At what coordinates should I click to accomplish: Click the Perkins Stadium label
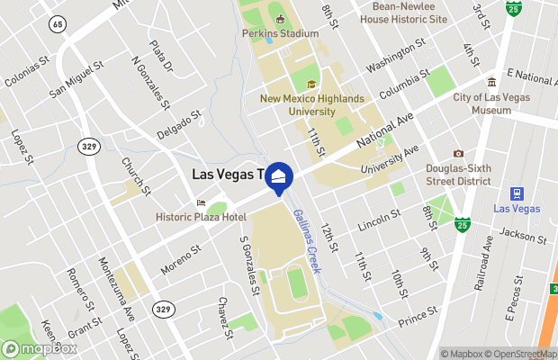click(x=280, y=34)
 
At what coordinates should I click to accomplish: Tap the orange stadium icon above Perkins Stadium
click(x=280, y=19)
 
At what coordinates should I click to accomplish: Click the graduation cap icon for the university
click(x=311, y=85)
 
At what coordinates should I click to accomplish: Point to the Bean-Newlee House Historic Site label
click(x=402, y=12)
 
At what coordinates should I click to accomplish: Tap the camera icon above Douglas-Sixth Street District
click(x=458, y=154)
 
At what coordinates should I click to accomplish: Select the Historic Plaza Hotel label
click(x=201, y=217)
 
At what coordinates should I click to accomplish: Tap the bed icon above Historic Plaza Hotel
click(x=201, y=202)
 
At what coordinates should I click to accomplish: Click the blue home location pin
click(x=279, y=177)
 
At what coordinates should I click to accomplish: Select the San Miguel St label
click(x=76, y=78)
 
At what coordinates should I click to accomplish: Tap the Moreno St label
click(x=177, y=261)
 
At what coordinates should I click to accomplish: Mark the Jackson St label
click(x=523, y=235)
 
